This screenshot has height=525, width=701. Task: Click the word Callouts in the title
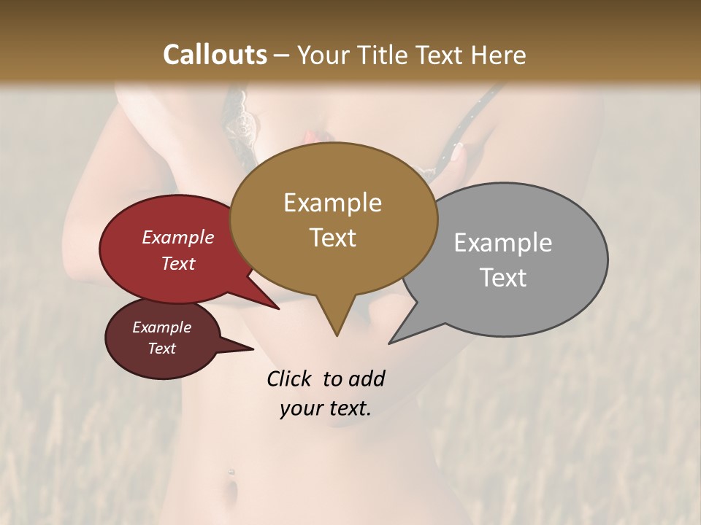(x=215, y=55)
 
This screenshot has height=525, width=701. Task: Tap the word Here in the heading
(x=498, y=55)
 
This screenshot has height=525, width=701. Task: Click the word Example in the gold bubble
(x=332, y=203)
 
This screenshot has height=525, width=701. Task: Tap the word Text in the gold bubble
(x=332, y=238)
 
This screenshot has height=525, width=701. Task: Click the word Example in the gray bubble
(x=503, y=243)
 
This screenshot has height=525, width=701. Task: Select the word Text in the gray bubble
(x=503, y=278)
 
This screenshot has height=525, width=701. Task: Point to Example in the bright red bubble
(x=178, y=237)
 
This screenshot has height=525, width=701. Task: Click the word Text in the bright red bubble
(x=178, y=263)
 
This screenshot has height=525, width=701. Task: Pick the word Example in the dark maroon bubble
(x=161, y=327)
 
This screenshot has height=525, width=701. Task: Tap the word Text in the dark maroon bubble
(x=161, y=349)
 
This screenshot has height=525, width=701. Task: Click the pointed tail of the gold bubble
(x=337, y=332)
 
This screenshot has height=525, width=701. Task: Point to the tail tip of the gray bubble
(x=392, y=341)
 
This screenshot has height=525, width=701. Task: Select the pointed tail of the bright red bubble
(x=274, y=306)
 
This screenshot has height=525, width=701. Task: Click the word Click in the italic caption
(x=290, y=378)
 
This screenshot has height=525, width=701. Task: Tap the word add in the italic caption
(x=366, y=378)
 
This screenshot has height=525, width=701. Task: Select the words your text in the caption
(x=326, y=408)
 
